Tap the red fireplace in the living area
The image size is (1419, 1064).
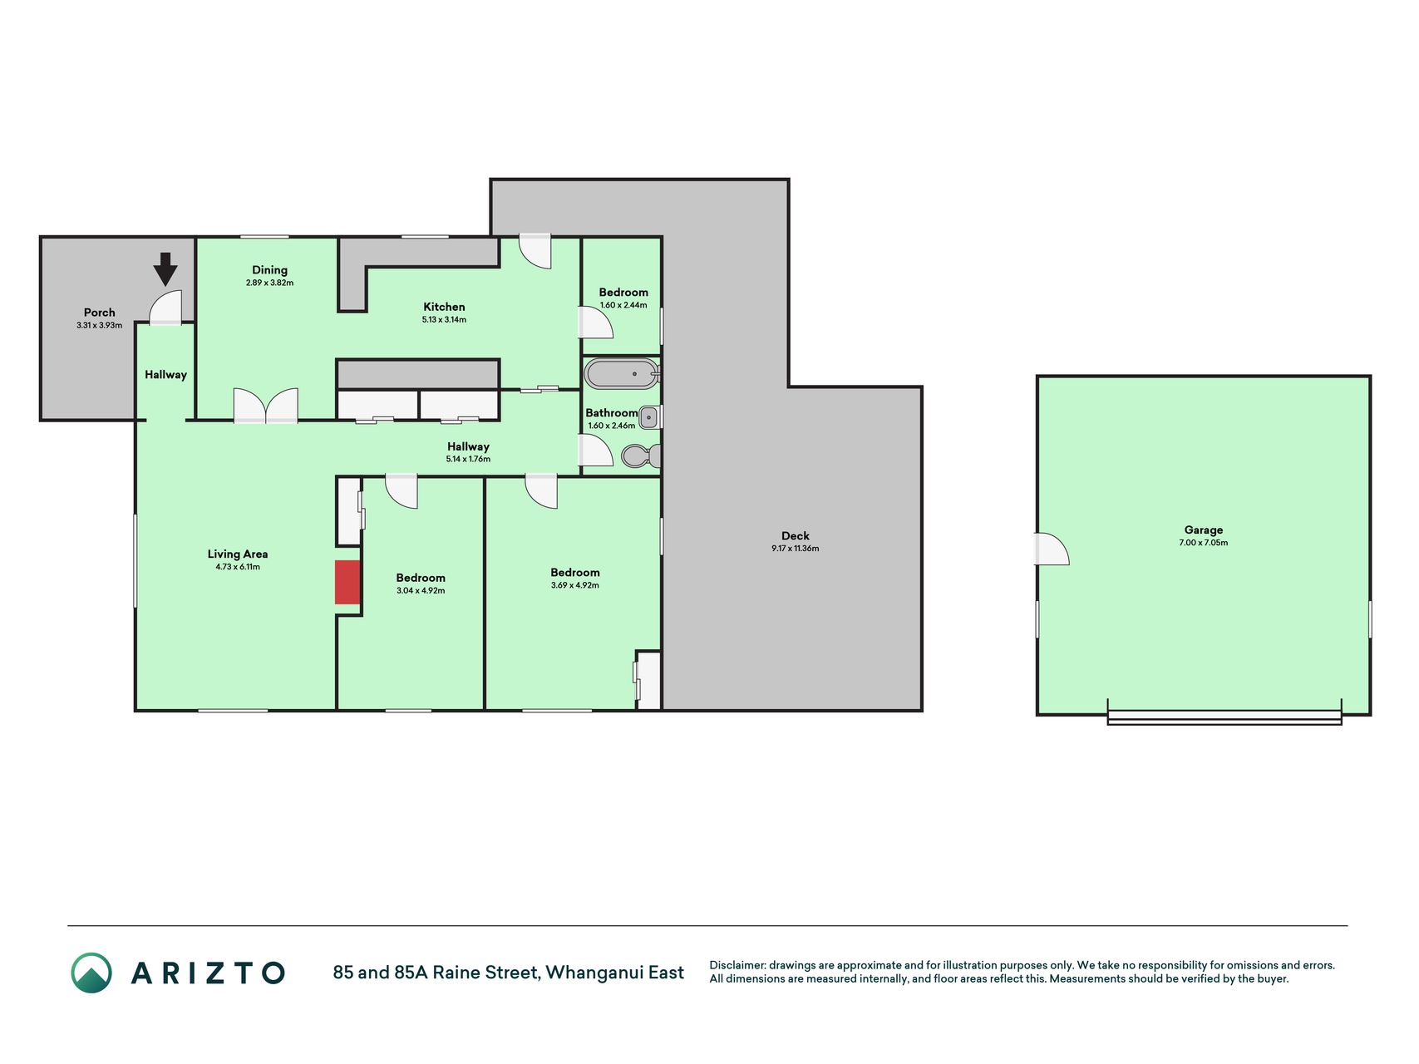(x=347, y=582)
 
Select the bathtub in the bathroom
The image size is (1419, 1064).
(x=622, y=374)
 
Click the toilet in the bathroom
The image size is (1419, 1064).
(x=641, y=456)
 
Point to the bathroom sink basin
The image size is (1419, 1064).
(x=649, y=416)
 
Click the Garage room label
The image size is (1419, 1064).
(x=1204, y=530)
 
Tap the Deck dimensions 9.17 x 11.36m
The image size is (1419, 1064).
(x=796, y=549)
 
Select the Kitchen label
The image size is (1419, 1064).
(x=444, y=307)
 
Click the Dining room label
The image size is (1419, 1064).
(x=269, y=269)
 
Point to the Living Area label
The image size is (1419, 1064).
(x=238, y=554)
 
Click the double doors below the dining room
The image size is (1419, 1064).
(x=265, y=406)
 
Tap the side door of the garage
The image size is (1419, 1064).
(x=1052, y=549)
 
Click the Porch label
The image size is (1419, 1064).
(x=100, y=313)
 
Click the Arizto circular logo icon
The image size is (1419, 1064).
(x=91, y=973)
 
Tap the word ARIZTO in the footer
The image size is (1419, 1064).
(x=208, y=973)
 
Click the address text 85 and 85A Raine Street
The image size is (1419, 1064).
(x=437, y=973)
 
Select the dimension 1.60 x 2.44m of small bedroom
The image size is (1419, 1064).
(x=623, y=305)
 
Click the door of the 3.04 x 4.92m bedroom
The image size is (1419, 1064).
(x=401, y=490)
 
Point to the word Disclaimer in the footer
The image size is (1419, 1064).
(x=737, y=965)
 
